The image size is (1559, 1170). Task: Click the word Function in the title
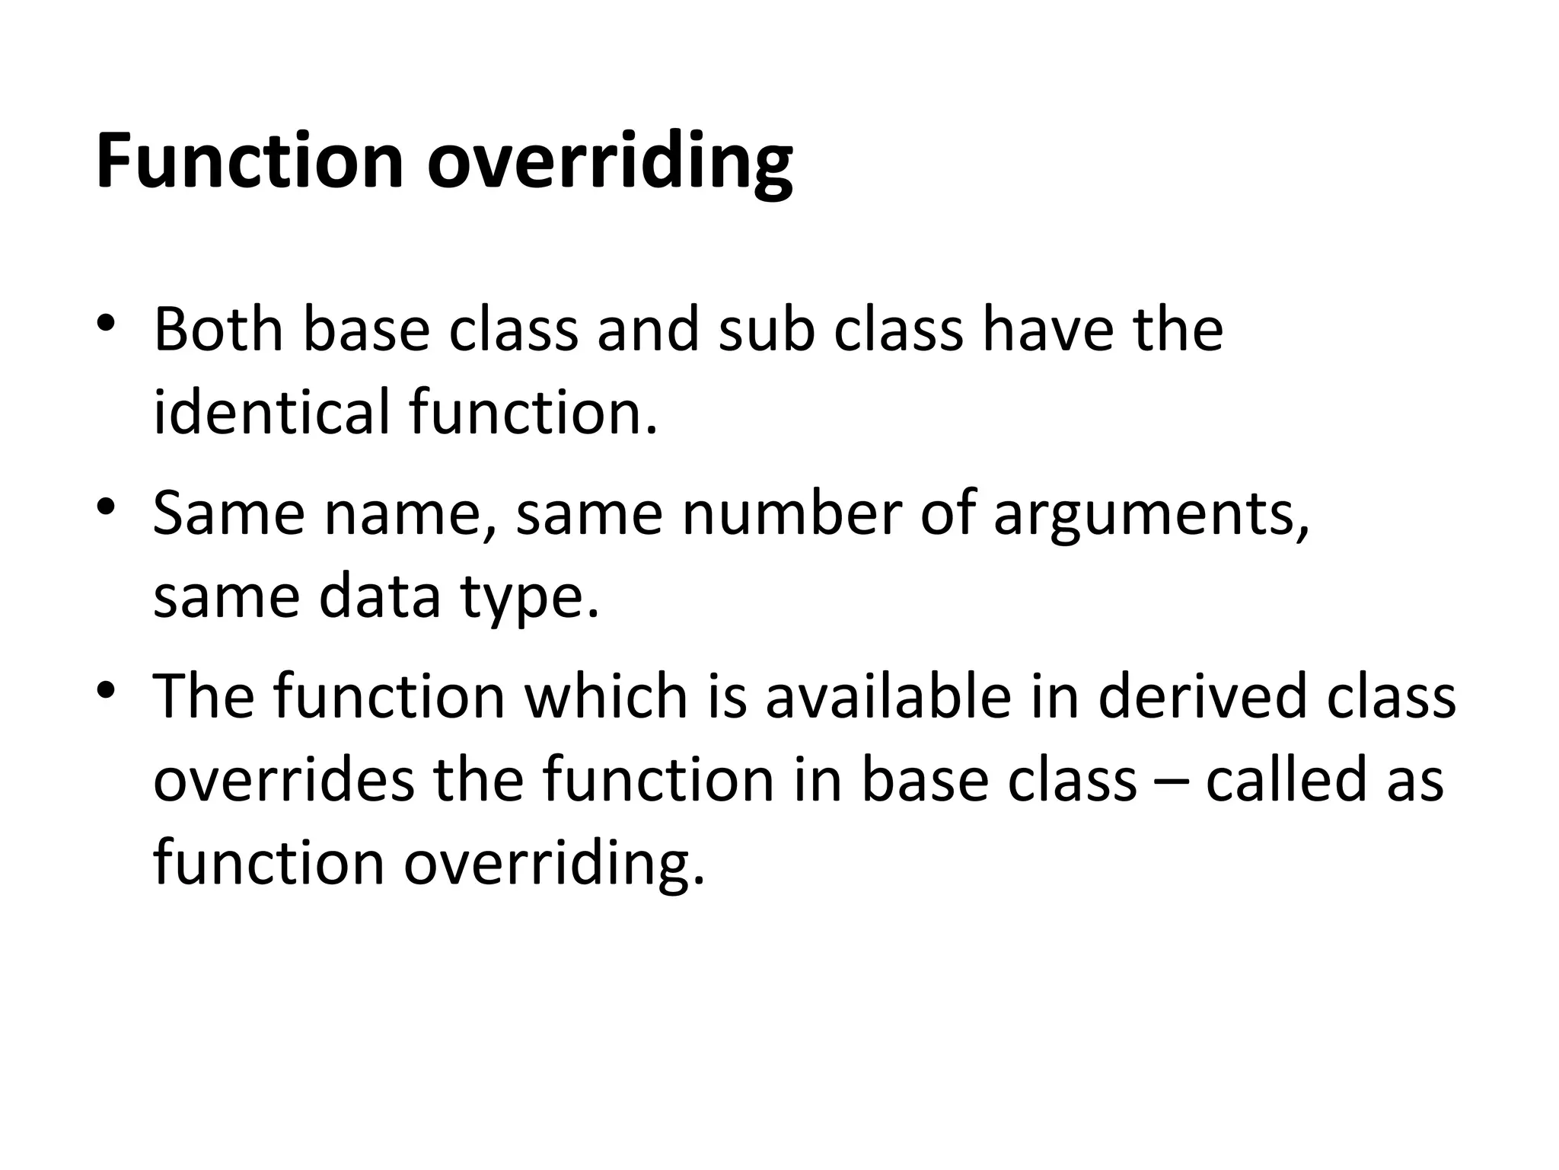tap(250, 161)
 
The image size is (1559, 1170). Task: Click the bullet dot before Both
tap(107, 323)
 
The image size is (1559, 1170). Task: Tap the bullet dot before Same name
tap(107, 506)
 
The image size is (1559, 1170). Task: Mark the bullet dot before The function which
tap(107, 689)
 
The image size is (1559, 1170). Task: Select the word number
tap(792, 513)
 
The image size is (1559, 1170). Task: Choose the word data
tap(380, 596)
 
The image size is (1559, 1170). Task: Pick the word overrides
tap(284, 779)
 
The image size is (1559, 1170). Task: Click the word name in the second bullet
tap(411, 513)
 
